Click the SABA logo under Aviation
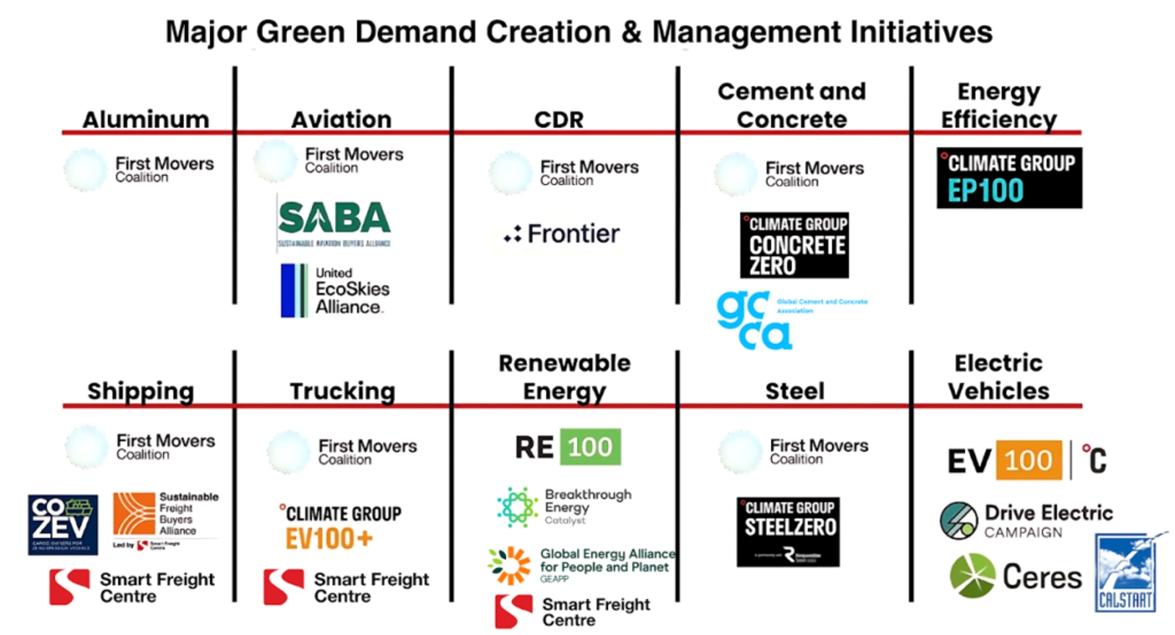point(334,222)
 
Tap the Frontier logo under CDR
point(562,234)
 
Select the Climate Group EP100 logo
point(1009,178)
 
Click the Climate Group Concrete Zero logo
point(794,245)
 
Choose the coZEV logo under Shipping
point(62,524)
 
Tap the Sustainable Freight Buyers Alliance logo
point(165,517)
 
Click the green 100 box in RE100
point(590,447)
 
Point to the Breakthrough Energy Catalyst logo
point(563,506)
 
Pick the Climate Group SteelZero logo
point(788,531)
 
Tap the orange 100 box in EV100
point(1029,461)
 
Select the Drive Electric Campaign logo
point(1026,520)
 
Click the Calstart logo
point(1126,573)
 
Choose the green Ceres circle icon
point(972,575)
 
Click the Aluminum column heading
point(145,119)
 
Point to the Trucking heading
point(342,391)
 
